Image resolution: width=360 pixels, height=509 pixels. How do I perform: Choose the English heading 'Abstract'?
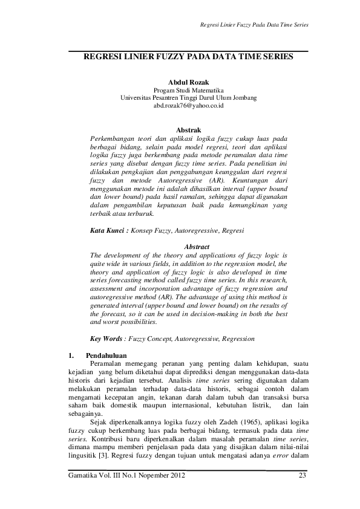(x=196, y=247)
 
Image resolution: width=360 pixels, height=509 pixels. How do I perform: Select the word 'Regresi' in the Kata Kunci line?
(x=233, y=230)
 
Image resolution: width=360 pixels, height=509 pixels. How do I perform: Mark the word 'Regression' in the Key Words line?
(x=236, y=339)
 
